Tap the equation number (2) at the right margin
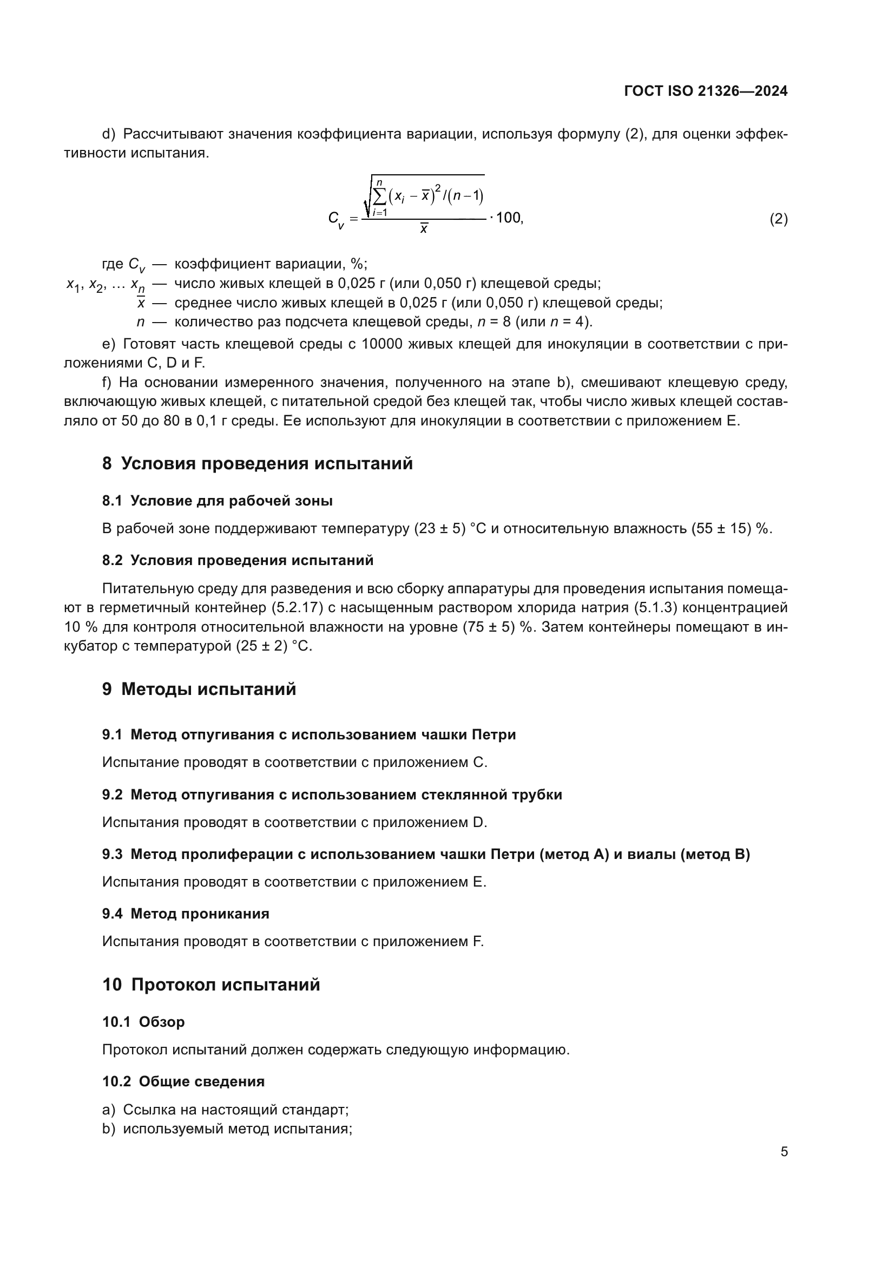pyautogui.click(x=778, y=219)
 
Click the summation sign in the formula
pyautogui.click(x=380, y=196)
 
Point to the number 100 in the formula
pyautogui.click(x=508, y=218)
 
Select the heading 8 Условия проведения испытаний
pyautogui.click(x=257, y=463)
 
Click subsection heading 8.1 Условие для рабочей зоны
pyautogui.click(x=217, y=501)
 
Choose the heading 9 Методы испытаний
pyautogui.click(x=199, y=689)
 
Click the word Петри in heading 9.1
pyautogui.click(x=493, y=734)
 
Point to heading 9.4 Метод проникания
pyautogui.click(x=186, y=914)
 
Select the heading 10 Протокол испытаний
pyautogui.click(x=211, y=985)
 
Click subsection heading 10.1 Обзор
pyautogui.click(x=143, y=1022)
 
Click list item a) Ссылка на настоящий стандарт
pyautogui.click(x=226, y=1110)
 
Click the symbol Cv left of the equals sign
pyautogui.click(x=335, y=219)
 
